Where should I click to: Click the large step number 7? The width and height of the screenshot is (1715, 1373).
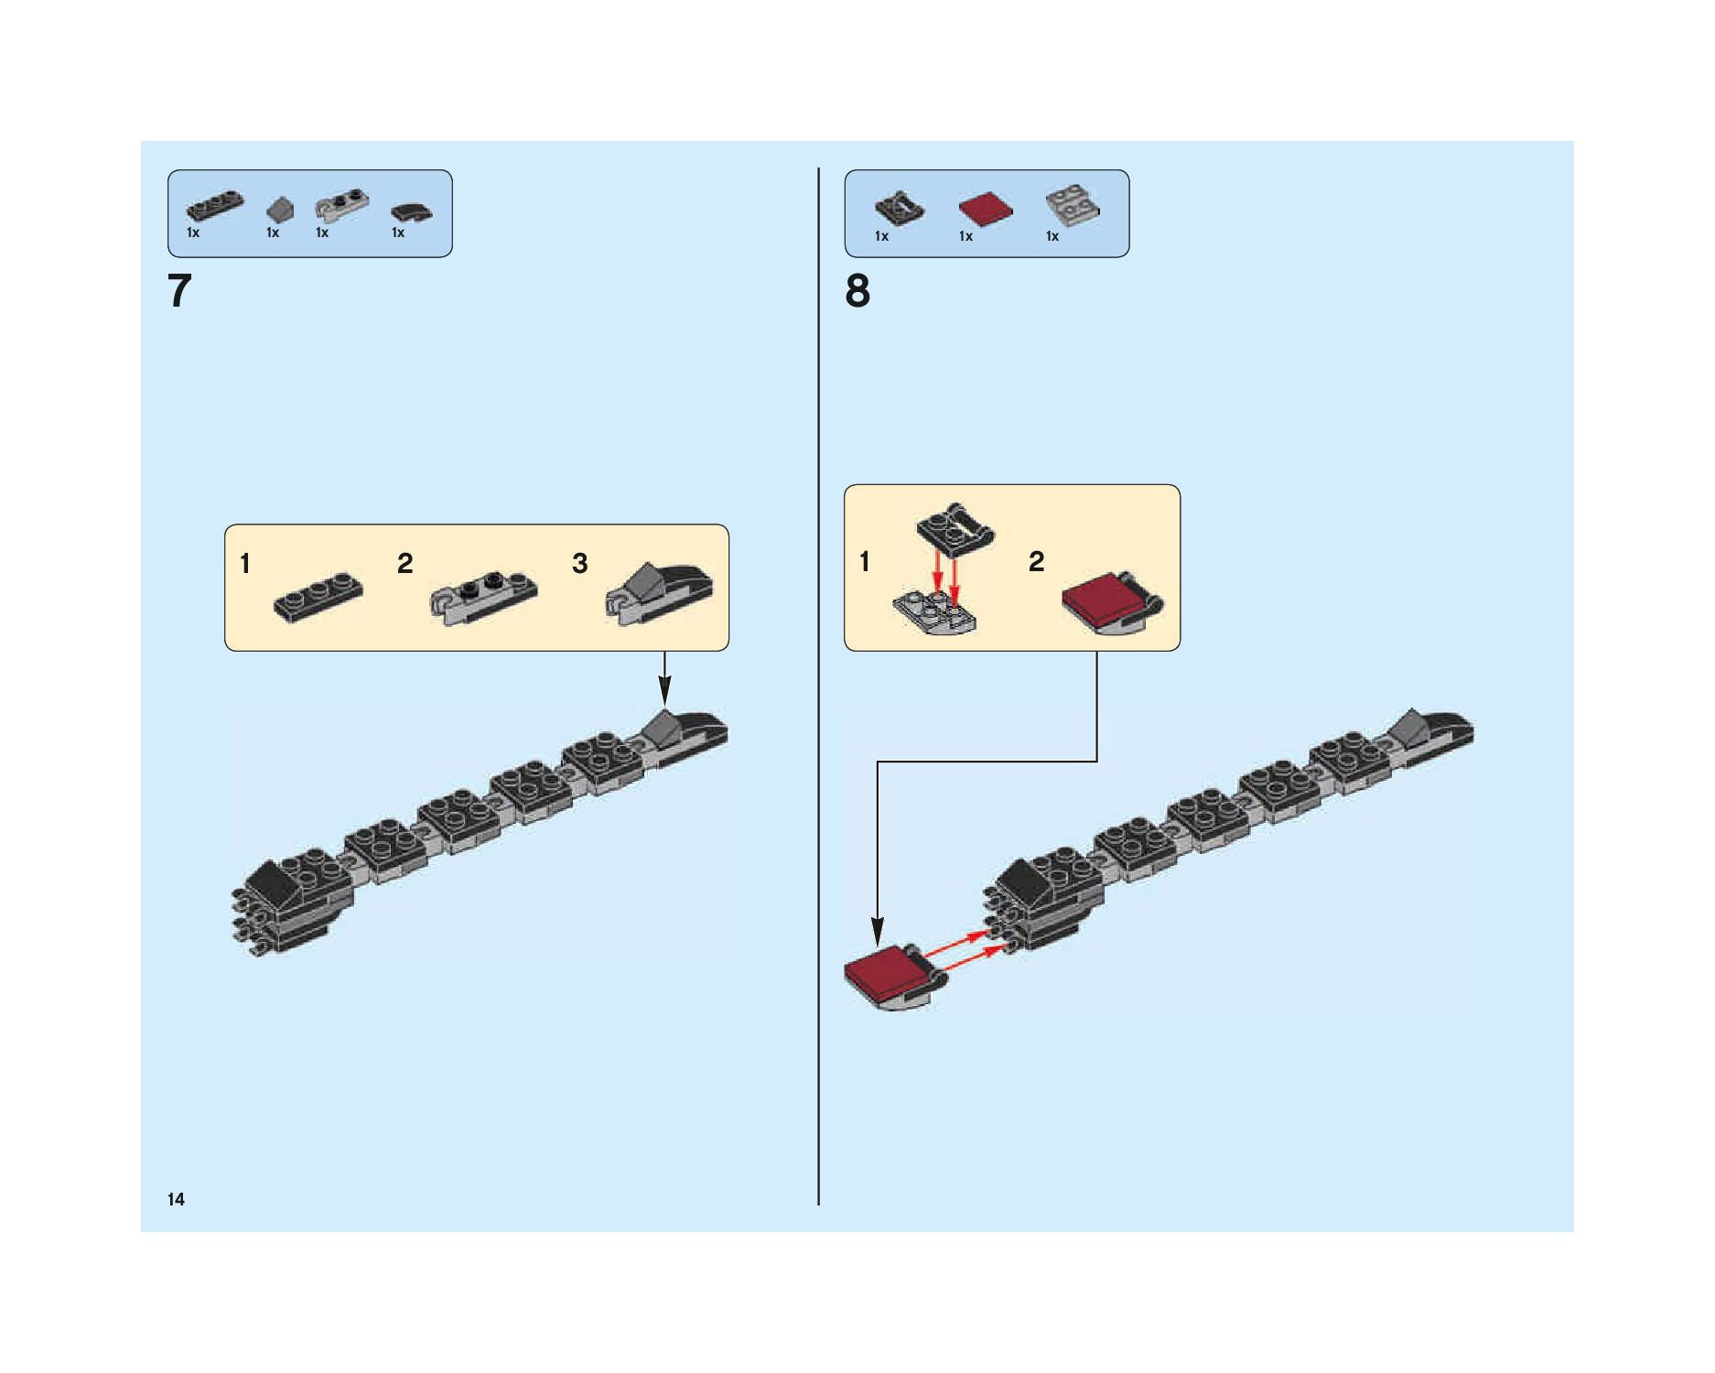tap(179, 291)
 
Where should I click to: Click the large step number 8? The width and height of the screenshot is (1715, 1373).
tap(857, 291)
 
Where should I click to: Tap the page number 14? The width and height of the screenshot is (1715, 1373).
tap(176, 1199)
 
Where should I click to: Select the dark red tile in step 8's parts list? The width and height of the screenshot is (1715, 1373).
tap(985, 209)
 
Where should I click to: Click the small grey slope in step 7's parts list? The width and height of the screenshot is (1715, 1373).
tap(280, 210)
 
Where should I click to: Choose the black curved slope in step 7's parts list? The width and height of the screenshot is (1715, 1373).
tap(411, 211)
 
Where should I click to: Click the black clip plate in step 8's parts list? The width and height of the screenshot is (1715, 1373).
tap(900, 208)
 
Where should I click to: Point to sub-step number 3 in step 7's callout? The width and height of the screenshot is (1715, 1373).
tap(579, 563)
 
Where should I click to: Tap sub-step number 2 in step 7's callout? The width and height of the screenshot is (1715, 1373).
tap(404, 563)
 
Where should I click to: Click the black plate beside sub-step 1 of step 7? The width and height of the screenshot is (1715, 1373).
tap(318, 598)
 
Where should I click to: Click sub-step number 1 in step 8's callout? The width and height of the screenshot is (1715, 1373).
tap(865, 561)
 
